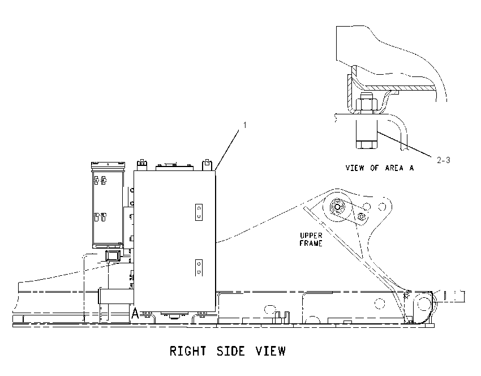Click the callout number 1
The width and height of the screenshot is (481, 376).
245,125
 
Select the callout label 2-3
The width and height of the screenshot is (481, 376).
443,160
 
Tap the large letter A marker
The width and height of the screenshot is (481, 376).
135,313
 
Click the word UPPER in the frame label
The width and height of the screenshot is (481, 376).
311,236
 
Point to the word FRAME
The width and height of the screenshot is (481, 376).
311,243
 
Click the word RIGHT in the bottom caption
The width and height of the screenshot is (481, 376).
188,351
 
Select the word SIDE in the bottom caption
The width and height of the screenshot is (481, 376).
231,351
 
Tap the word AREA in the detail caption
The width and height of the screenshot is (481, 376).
394,168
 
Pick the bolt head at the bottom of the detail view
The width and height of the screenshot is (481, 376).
367,144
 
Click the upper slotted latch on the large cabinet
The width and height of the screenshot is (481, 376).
199,212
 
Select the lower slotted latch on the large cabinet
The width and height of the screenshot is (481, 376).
199,268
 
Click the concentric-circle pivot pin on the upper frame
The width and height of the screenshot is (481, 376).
337,207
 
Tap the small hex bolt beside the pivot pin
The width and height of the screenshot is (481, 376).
362,216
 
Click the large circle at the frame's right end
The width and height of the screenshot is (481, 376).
424,304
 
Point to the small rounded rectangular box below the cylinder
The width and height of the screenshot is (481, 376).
112,256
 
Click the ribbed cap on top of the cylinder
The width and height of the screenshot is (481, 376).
108,165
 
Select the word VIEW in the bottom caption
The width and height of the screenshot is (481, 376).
270,351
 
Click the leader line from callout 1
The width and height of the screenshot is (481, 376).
227,150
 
